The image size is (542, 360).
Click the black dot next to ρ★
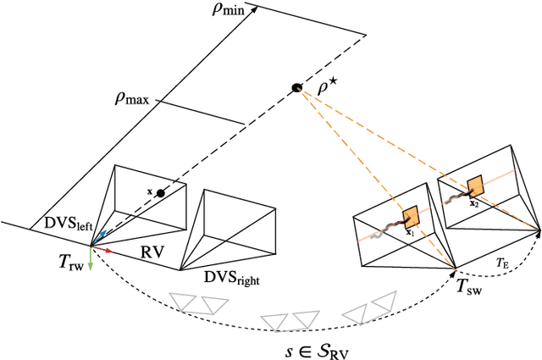(297, 87)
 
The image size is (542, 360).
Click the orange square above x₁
(412, 215)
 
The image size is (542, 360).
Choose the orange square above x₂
(475, 186)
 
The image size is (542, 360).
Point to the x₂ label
(474, 202)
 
